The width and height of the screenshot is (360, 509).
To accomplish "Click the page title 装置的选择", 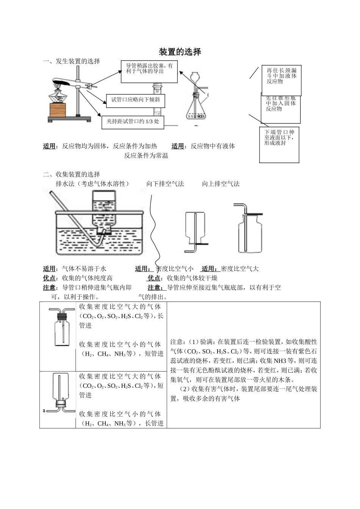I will click(180, 52).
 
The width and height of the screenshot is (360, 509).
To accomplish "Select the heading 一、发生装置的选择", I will click(72, 61).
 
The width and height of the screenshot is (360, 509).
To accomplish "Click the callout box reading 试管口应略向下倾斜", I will click(135, 100).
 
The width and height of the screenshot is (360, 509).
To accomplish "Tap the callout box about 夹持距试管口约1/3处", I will click(133, 122).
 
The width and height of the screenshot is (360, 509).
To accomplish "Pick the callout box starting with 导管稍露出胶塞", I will click(149, 71).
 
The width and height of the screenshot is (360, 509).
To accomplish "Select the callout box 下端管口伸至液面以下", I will click(279, 145).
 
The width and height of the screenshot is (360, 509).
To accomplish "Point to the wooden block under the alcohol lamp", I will click(58, 110).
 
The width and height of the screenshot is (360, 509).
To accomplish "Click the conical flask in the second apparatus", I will click(196, 110).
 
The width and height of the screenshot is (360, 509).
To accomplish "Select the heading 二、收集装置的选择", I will click(72, 174).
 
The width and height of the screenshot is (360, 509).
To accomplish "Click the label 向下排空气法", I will click(165, 184).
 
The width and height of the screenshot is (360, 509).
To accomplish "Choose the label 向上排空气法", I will click(221, 184).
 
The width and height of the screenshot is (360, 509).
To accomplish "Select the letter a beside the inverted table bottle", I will click(44, 411).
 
